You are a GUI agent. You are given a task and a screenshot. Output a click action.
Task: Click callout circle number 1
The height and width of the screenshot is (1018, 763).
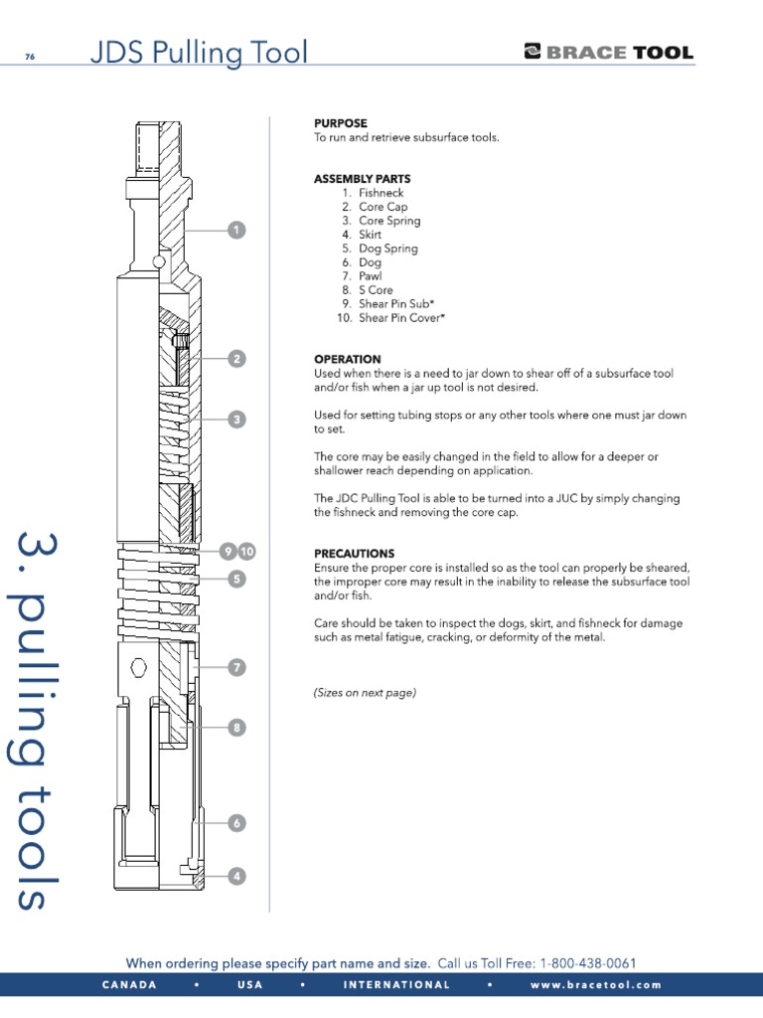click(236, 231)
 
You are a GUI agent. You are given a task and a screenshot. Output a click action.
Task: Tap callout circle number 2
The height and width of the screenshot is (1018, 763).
click(236, 359)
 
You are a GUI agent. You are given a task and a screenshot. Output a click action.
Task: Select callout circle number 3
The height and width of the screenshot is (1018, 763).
click(236, 420)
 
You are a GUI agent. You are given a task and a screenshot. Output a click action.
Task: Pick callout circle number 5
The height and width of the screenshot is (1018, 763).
click(236, 579)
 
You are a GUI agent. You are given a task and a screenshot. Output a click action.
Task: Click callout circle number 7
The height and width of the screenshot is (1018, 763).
click(236, 667)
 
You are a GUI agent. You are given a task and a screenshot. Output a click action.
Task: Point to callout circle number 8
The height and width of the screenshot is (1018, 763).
click(236, 728)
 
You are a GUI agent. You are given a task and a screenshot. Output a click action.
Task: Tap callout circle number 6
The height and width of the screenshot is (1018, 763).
click(236, 823)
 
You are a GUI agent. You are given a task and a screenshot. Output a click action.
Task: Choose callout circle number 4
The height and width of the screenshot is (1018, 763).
click(236, 876)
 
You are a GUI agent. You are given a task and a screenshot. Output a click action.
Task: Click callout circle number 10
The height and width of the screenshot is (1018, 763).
click(247, 551)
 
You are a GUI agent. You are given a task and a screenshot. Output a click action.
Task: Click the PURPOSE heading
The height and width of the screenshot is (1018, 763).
click(341, 123)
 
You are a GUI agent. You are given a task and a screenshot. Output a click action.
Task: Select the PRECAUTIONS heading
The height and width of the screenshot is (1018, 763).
click(354, 553)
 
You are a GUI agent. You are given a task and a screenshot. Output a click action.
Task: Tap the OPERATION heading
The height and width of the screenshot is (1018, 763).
click(347, 359)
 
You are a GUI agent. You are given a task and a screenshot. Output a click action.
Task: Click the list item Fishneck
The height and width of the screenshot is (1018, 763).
click(381, 193)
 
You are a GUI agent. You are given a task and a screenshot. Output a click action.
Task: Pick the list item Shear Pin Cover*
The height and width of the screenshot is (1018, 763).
click(401, 318)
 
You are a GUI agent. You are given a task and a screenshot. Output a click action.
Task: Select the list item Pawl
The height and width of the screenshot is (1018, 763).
click(370, 276)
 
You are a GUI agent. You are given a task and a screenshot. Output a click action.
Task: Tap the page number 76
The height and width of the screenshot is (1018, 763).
click(30, 56)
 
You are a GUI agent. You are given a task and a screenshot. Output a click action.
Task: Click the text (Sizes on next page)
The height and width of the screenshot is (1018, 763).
click(365, 693)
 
